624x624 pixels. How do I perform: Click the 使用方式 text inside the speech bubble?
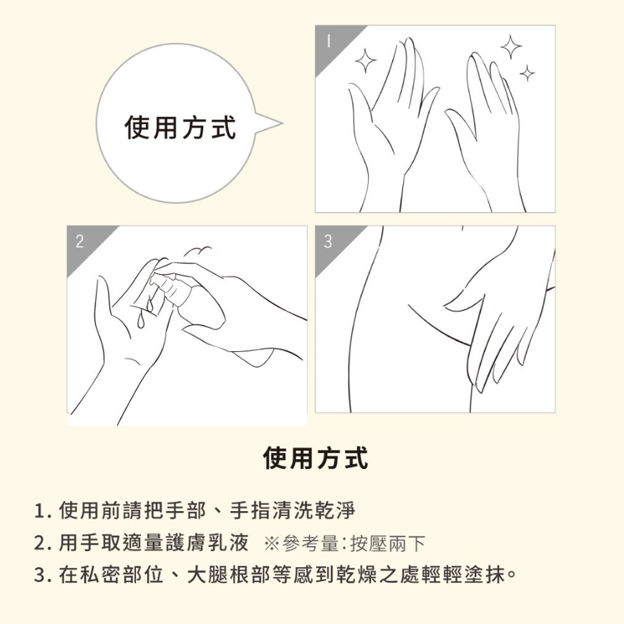click(180, 127)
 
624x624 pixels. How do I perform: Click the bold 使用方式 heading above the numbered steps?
click(316, 458)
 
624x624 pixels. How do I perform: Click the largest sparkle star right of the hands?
click(512, 47)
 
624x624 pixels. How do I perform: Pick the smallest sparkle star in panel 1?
click(527, 73)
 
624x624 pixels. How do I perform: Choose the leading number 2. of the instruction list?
click(44, 544)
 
